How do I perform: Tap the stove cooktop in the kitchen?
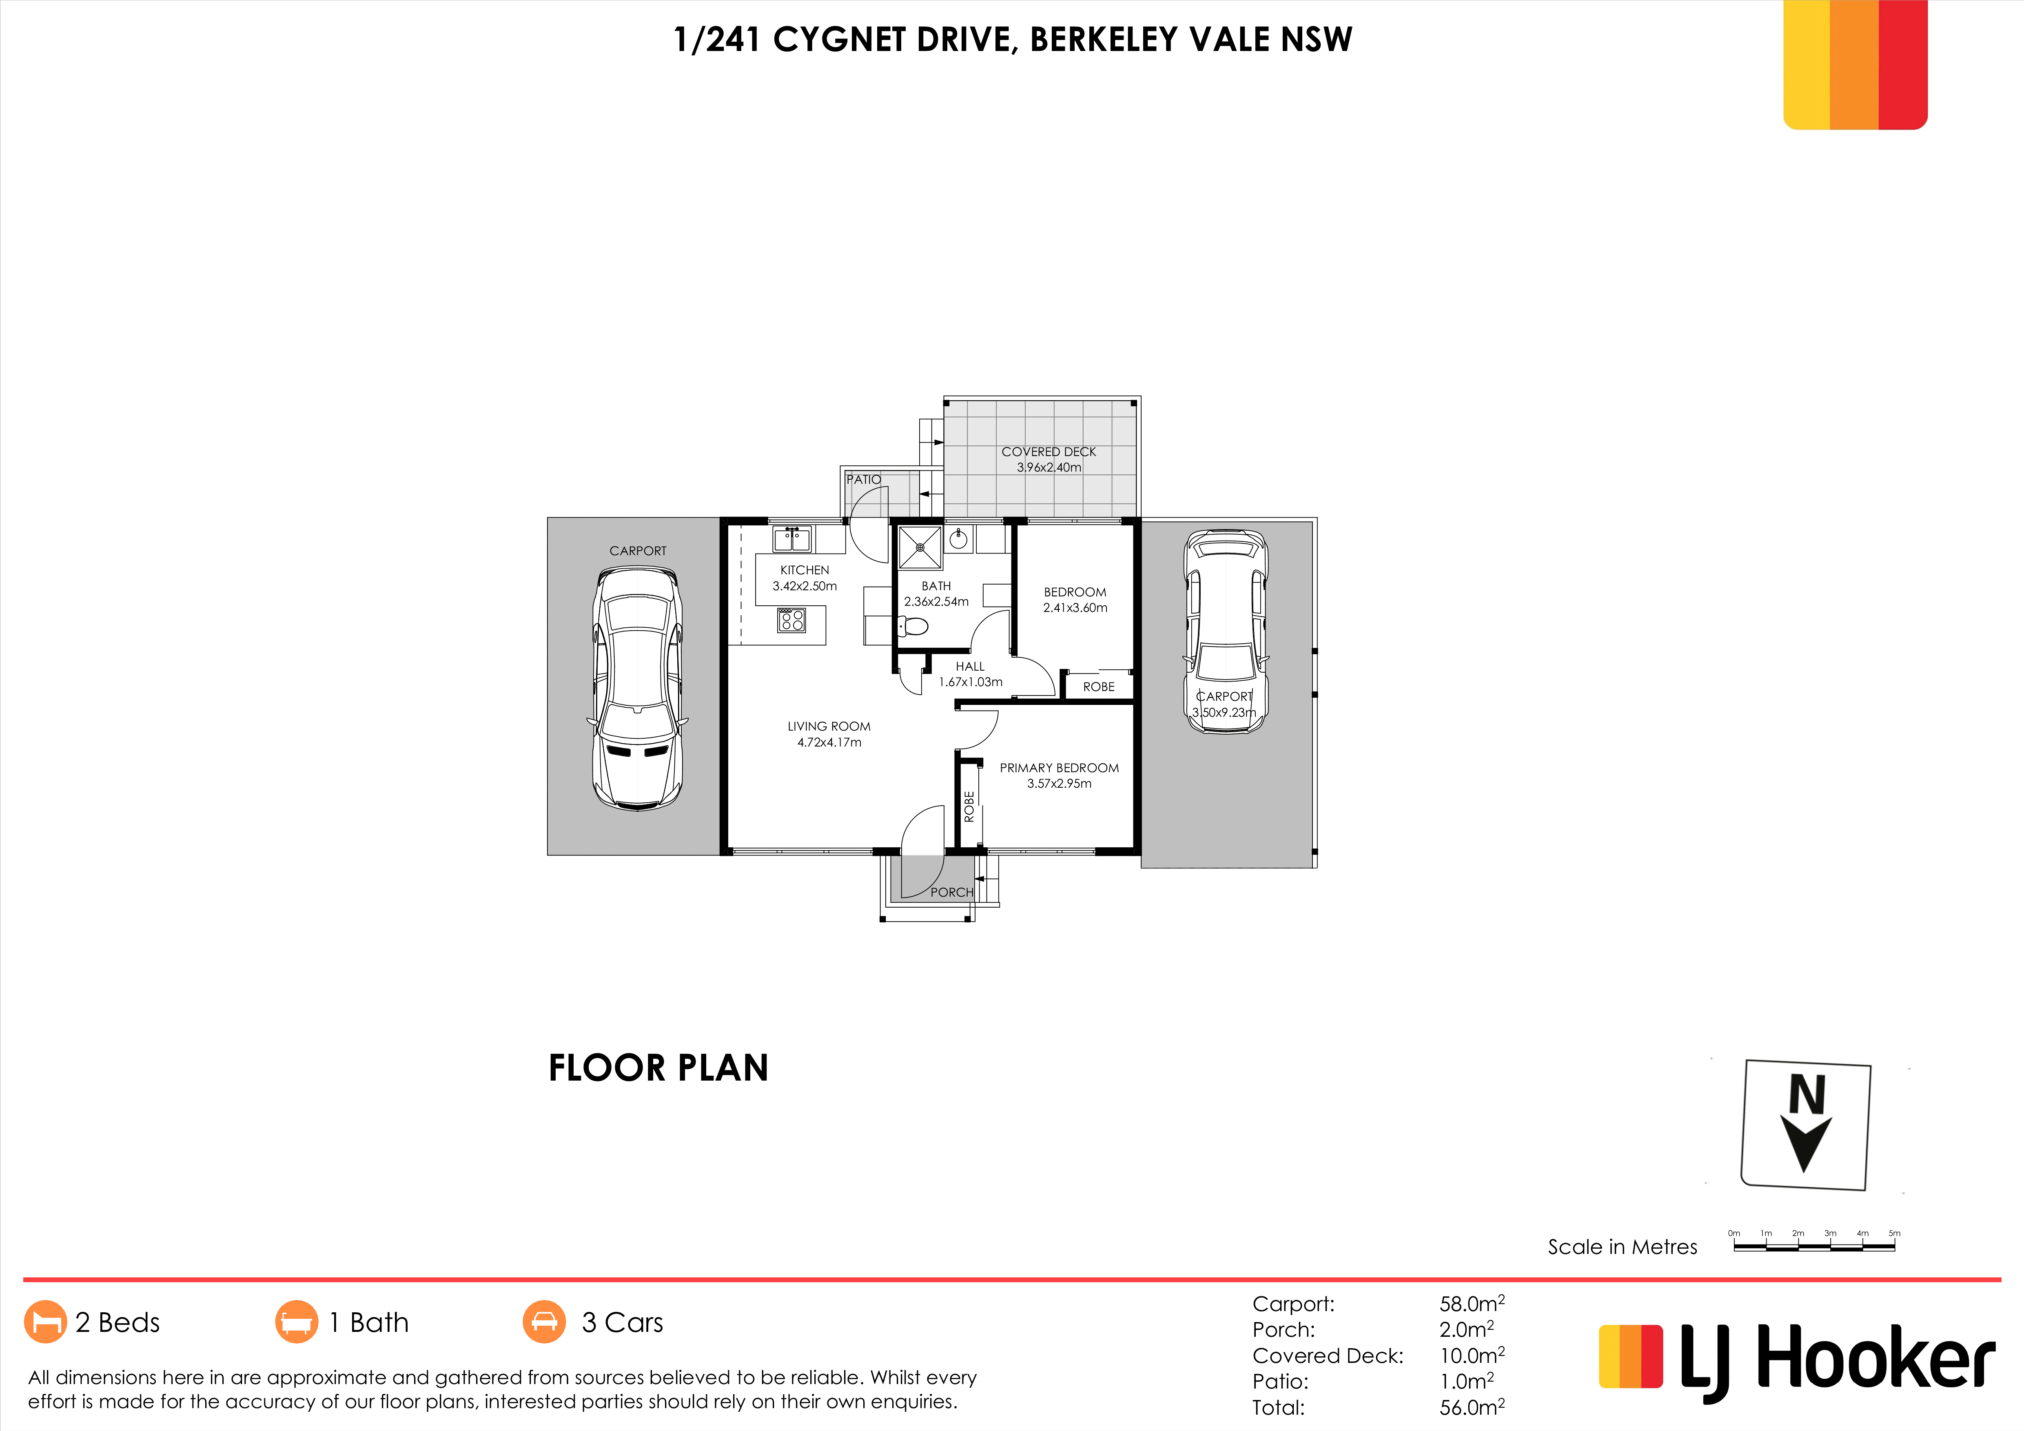[x=791, y=620]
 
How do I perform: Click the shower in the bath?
[x=920, y=547]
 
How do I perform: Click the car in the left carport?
[x=637, y=688]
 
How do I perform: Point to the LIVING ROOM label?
[x=829, y=726]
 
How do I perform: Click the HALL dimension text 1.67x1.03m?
[x=971, y=682]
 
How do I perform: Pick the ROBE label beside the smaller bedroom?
[x=1098, y=687]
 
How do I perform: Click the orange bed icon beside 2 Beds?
[x=45, y=1322]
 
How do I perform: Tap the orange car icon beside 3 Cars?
[x=545, y=1322]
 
